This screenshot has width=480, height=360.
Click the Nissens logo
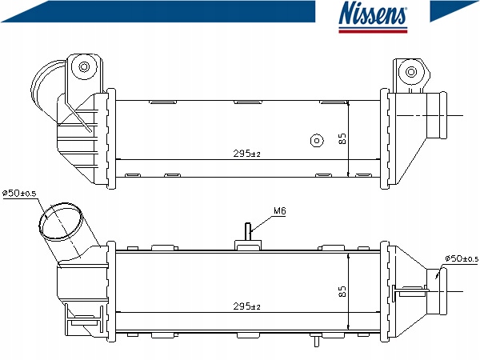[373, 17]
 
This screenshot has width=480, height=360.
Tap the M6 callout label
[279, 210]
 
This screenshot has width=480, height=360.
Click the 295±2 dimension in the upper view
[246, 153]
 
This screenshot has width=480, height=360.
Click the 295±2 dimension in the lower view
[246, 306]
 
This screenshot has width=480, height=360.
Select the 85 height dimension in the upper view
[342, 138]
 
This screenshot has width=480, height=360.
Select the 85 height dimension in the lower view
[342, 291]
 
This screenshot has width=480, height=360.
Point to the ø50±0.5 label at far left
[19, 193]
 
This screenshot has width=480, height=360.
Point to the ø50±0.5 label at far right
[462, 258]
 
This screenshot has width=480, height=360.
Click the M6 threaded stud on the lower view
[248, 232]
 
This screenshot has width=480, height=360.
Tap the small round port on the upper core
[317, 141]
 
